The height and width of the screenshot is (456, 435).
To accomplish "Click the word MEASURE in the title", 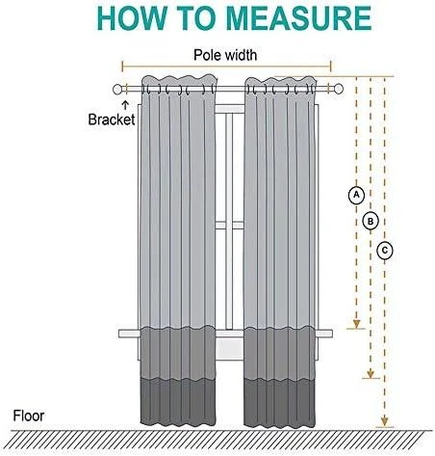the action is click(298, 18).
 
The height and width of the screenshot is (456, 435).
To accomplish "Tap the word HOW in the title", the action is click(132, 18).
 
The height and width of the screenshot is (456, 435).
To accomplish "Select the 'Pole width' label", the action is click(225, 55).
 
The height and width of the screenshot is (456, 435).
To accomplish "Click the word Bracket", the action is click(112, 120).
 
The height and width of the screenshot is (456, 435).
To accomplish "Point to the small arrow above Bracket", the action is click(125, 105).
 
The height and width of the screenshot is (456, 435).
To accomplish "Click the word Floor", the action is click(28, 416).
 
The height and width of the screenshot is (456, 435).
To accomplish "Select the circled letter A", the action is click(356, 195).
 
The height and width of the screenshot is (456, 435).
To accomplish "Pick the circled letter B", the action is click(371, 222).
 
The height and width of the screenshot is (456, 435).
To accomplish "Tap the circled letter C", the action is click(385, 251).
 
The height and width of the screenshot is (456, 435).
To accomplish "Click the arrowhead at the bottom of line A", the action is click(356, 324).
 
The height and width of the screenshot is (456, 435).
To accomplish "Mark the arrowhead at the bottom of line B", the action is click(371, 373).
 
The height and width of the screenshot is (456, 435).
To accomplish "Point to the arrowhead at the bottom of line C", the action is click(385, 421).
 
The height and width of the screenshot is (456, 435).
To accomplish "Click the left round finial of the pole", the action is click(117, 90).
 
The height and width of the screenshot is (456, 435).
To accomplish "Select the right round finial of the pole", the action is click(339, 89).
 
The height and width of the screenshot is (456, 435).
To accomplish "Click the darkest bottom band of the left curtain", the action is click(178, 403).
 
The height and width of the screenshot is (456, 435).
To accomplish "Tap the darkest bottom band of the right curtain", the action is click(279, 403).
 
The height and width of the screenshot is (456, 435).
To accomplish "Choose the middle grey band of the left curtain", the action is click(178, 353).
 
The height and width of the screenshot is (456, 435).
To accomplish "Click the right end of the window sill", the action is click(331, 334).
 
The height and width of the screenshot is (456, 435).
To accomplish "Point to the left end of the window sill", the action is click(120, 334).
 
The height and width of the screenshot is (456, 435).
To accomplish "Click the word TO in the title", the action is click(196, 18).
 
